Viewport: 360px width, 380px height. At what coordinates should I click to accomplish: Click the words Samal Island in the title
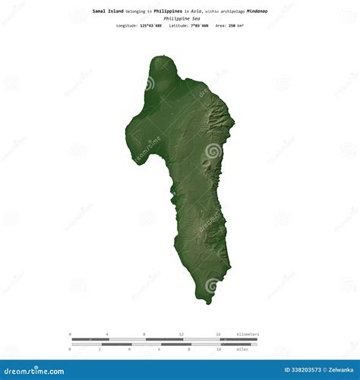pos(108,11)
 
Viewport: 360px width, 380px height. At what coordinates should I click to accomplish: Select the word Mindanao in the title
pos(257,11)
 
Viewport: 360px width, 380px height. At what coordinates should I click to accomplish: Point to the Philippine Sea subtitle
pos(179,18)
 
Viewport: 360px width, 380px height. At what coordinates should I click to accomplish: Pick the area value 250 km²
pos(235,26)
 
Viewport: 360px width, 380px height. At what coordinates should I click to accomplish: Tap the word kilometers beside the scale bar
pos(248,334)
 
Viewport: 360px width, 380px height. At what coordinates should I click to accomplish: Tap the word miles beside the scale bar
pos(243,349)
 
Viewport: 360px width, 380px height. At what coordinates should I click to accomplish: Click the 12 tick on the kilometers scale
pos(181,334)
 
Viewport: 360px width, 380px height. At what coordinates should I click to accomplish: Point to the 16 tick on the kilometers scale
pos(218,334)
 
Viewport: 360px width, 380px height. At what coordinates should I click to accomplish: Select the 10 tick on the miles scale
pos(218,349)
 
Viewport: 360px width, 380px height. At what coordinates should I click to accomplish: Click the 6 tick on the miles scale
pos(159,349)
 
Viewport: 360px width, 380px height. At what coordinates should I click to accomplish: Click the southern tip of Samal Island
pos(206,301)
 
